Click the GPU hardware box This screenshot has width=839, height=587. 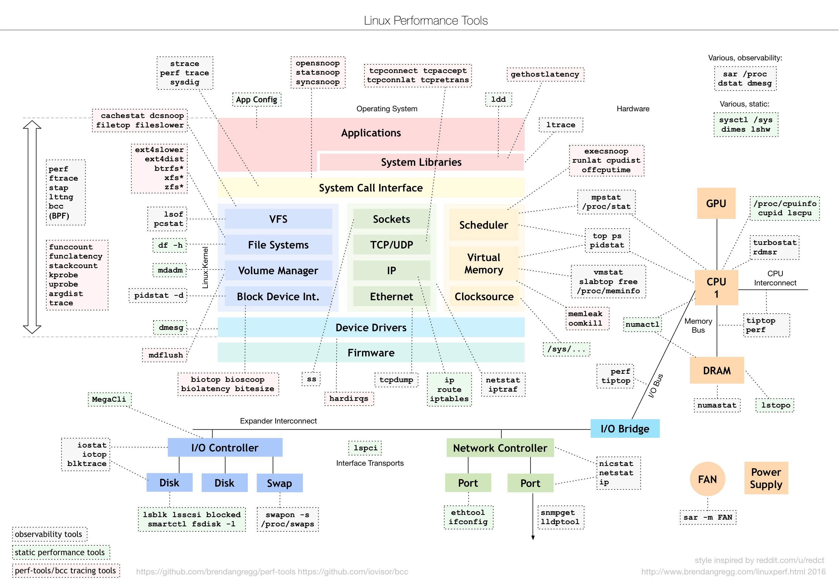coord(716,203)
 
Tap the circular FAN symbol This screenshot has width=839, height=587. coord(708,479)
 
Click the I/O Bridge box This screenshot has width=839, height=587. coord(625,429)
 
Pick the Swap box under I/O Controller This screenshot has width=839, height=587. coord(280,483)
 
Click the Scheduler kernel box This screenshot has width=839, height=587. coord(484,225)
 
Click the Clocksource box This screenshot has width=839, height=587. coord(484,296)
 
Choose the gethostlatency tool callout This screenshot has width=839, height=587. coord(545,75)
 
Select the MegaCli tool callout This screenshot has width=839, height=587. coord(109,399)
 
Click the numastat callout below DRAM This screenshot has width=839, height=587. coord(717,405)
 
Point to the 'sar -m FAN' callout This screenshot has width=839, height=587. coord(708,517)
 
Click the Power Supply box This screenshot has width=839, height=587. coord(766,478)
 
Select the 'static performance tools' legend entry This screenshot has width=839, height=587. coord(61,552)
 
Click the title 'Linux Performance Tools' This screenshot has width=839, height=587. coord(426,20)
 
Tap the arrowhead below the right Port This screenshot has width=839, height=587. coord(533,538)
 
